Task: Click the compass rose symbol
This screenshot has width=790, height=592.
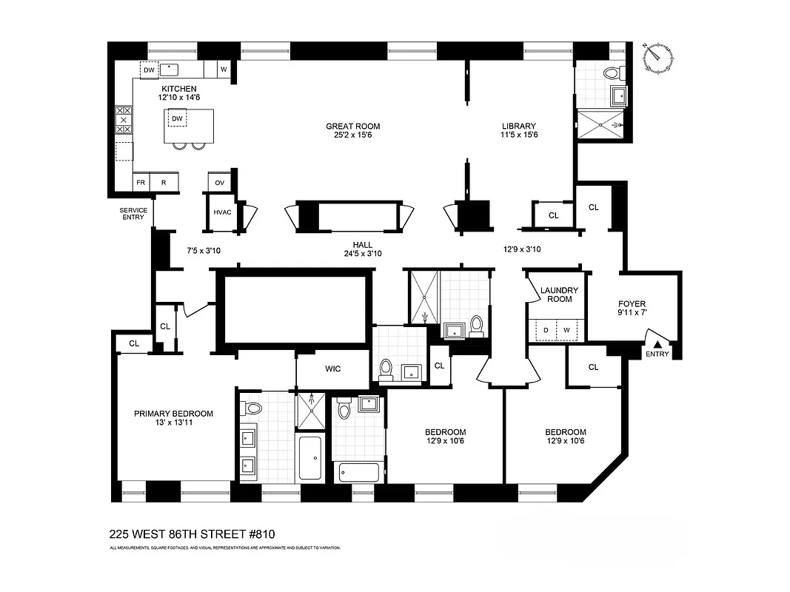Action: [659, 58]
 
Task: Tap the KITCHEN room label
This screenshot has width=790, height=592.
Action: [179, 89]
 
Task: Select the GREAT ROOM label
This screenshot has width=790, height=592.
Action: [353, 126]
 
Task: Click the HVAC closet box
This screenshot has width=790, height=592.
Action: [223, 212]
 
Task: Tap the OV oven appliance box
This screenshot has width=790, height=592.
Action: [220, 182]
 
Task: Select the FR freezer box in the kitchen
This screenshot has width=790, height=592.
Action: [140, 182]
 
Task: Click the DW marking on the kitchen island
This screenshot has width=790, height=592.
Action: [177, 118]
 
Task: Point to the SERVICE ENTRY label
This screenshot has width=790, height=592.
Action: [133, 214]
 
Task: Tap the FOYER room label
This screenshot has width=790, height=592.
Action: [632, 303]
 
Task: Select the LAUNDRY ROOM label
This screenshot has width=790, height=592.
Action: [556, 295]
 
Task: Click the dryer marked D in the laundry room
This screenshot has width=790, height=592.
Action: [546, 329]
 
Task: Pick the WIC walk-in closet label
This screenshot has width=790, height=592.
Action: [332, 369]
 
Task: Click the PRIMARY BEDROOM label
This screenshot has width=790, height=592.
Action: [173, 414]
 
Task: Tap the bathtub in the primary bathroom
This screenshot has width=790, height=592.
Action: [309, 459]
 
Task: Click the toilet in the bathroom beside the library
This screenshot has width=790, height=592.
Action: [612, 73]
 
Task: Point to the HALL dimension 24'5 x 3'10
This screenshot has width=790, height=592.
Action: [362, 254]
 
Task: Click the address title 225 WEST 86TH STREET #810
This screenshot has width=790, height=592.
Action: [193, 533]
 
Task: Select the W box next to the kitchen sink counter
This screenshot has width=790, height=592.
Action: [223, 70]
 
